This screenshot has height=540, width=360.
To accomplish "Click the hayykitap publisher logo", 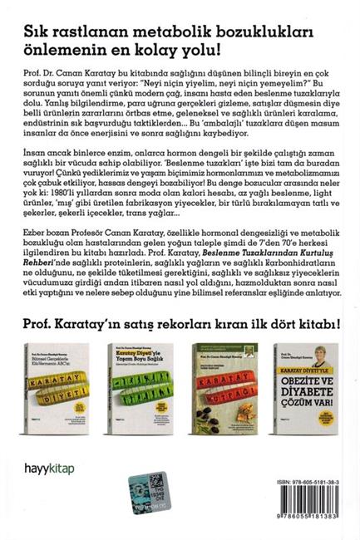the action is (49, 469).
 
